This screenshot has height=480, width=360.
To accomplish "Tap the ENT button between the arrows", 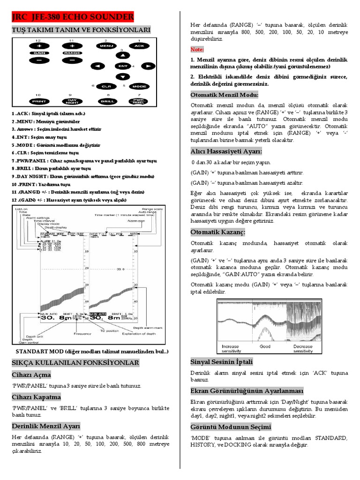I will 123,66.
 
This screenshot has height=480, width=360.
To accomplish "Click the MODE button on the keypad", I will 139,86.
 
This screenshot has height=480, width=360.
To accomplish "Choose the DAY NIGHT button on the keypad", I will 72,101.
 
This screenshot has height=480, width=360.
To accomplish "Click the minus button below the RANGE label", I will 72,60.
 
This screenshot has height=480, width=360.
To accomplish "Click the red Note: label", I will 197,49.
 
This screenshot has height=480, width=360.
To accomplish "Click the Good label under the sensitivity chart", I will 265,347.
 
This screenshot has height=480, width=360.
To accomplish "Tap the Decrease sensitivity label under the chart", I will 303,349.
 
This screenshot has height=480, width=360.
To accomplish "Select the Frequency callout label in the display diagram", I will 82,333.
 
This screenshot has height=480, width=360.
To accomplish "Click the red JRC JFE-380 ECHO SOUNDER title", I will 73,17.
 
